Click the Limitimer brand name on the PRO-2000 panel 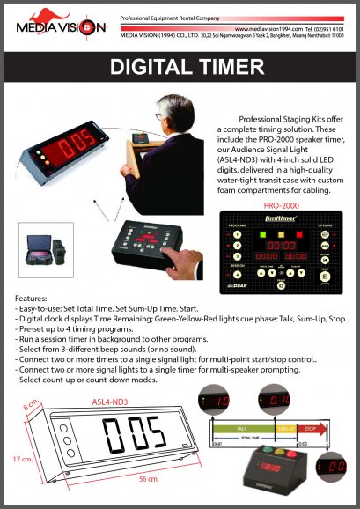(x=281, y=217)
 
